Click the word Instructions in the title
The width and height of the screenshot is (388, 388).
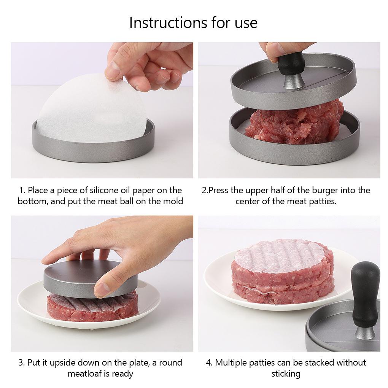pos(168,22)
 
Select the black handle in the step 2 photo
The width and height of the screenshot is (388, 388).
pos(290,63)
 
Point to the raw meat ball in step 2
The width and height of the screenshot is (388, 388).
pos(294,122)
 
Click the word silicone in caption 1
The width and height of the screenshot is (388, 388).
pos(104,190)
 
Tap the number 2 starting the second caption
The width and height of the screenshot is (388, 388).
pos(204,191)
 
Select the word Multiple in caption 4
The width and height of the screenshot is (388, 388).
pos(231,363)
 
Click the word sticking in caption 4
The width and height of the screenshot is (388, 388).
pos(286,374)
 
